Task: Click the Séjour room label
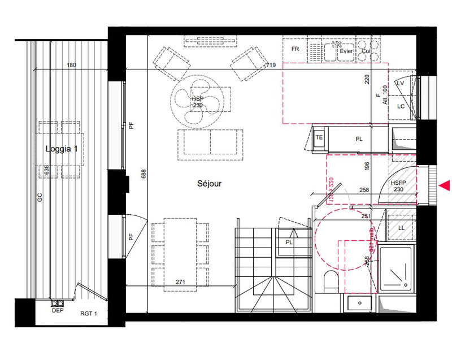tap(210, 184)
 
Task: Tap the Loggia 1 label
tap(60, 149)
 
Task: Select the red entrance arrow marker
tap(445, 185)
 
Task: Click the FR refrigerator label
tap(294, 50)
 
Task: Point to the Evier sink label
tap(346, 51)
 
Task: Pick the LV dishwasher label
tap(401, 83)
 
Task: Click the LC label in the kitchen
tap(401, 106)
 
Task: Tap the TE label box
tap(319, 137)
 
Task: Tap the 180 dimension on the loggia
tap(71, 66)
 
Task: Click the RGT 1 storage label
tap(89, 314)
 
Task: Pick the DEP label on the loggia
tap(57, 310)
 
